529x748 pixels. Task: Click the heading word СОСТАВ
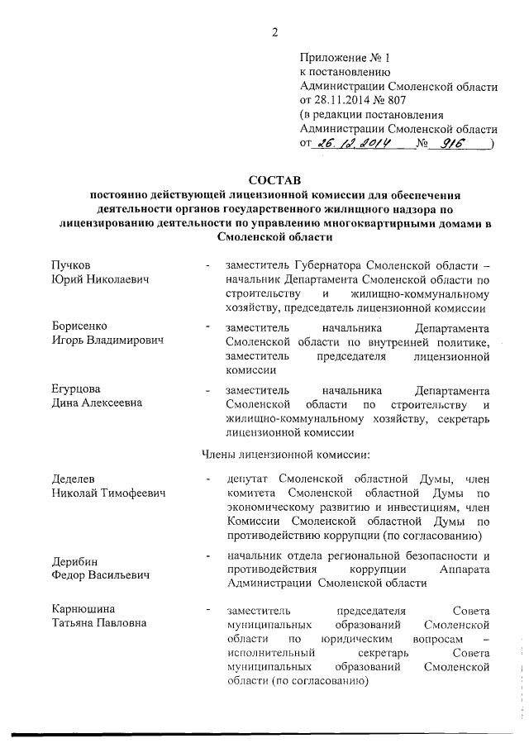(x=274, y=179)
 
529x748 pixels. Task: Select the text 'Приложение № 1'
(x=343, y=58)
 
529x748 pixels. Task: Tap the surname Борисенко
(x=80, y=326)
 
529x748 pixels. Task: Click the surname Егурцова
(x=79, y=389)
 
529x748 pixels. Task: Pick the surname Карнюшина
(x=82, y=609)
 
